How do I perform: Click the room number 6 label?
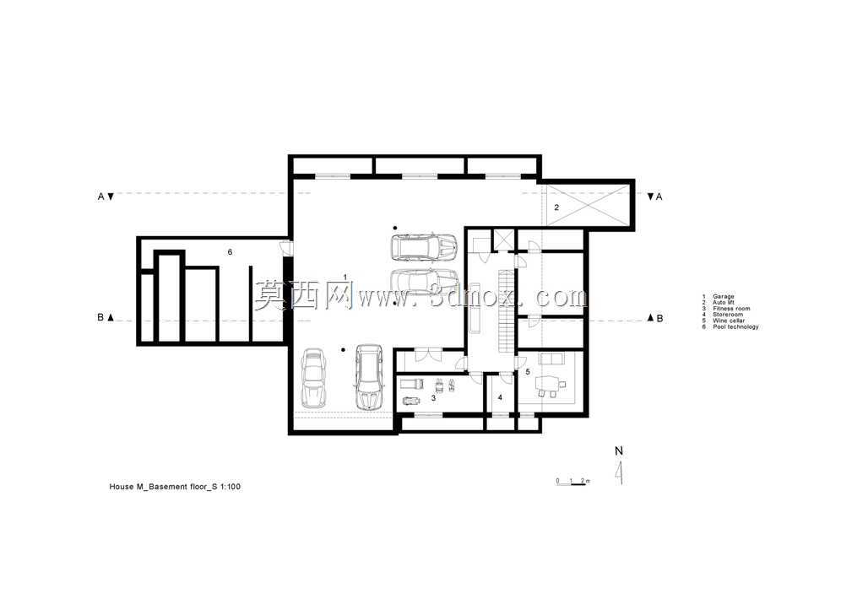click(231, 251)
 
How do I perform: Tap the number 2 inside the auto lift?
click(556, 208)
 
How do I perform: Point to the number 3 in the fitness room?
click(433, 398)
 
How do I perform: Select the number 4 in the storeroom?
click(500, 397)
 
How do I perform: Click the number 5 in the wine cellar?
click(528, 371)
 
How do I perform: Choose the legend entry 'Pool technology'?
click(735, 326)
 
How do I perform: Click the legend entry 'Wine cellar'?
click(729, 321)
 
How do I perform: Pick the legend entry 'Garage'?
click(723, 296)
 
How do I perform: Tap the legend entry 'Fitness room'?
click(731, 309)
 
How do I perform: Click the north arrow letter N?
click(619, 451)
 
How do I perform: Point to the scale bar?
click(572, 482)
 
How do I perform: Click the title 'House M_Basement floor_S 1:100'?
click(175, 487)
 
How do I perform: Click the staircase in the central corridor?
click(504, 310)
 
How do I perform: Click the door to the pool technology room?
click(286, 247)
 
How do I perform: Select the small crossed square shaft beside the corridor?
click(503, 240)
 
